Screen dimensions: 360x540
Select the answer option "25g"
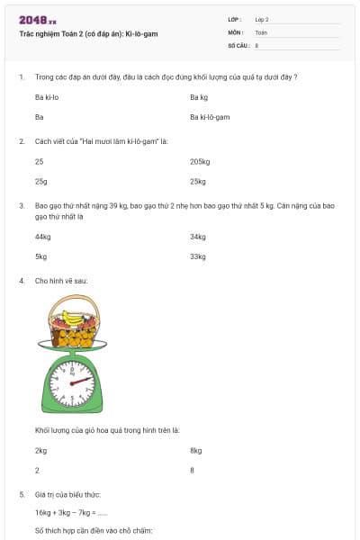pos(40,182)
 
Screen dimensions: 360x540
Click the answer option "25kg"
pos(198,182)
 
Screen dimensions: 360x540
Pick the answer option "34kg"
pos(198,237)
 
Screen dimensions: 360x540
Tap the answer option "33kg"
pos(198,257)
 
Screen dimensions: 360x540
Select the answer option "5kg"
pos(40,257)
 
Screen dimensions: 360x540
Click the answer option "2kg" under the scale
pos(40,450)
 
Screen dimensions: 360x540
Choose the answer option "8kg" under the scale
pos(196,450)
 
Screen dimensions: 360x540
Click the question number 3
pos(21,206)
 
